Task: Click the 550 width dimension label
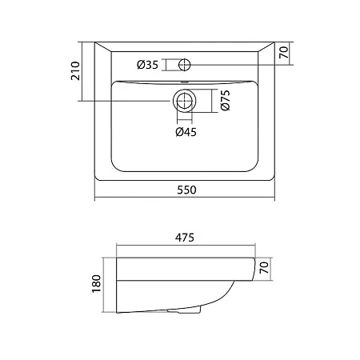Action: (186, 190)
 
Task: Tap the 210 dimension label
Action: (75, 71)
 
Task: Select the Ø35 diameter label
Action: (147, 65)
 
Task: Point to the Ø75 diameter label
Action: (225, 100)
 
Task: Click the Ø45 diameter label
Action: (186, 132)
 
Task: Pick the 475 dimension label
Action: (185, 238)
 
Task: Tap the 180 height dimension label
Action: (96, 284)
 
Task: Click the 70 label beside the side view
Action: (263, 267)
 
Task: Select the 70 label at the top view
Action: (284, 52)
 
